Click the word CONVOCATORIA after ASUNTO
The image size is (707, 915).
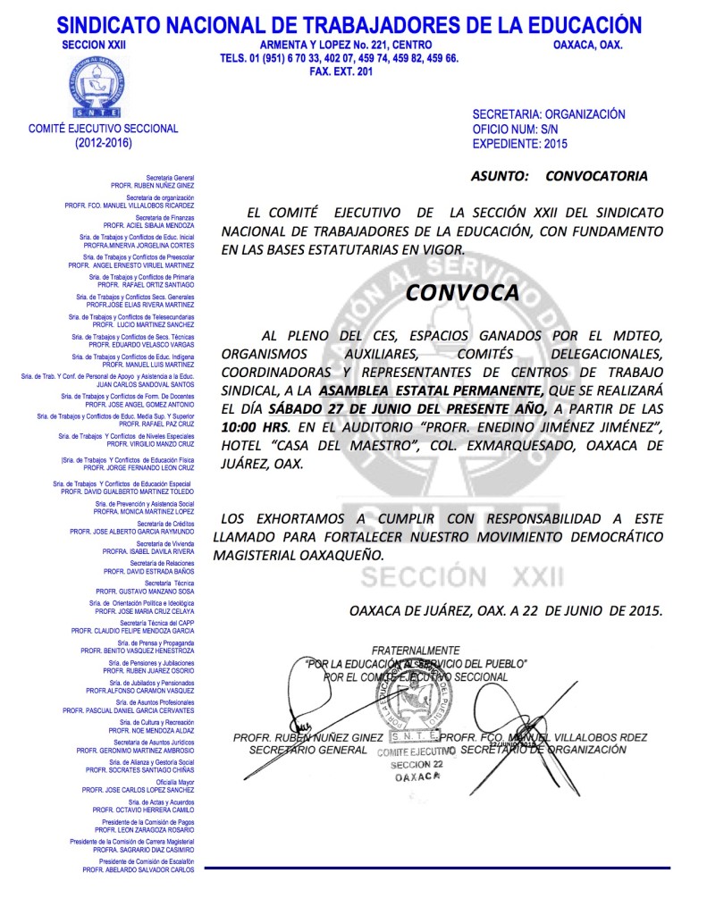tap(596, 176)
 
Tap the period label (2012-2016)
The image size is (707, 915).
tap(103, 142)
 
